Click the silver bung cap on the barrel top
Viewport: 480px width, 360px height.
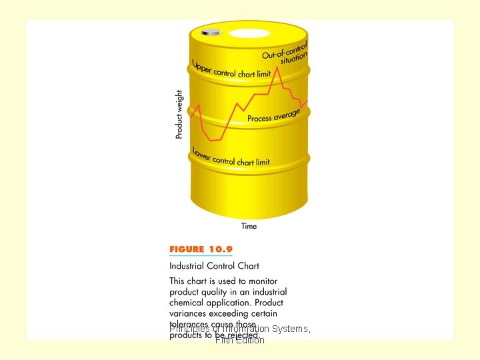[211, 31]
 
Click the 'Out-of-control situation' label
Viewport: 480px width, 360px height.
[286, 53]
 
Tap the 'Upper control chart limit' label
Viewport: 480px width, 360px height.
[231, 70]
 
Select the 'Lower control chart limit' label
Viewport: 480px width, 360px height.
[230, 157]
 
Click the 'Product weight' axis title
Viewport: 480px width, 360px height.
[179, 114]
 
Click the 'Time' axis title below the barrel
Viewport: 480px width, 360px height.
[249, 226]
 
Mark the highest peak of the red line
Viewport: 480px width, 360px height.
[277, 67]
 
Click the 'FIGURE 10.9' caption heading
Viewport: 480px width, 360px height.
[201, 249]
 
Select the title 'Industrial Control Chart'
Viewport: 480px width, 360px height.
[214, 266]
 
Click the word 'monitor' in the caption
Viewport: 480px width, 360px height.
[260, 281]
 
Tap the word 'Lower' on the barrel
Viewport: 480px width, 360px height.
[201, 153]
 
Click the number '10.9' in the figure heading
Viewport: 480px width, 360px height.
[220, 249]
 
